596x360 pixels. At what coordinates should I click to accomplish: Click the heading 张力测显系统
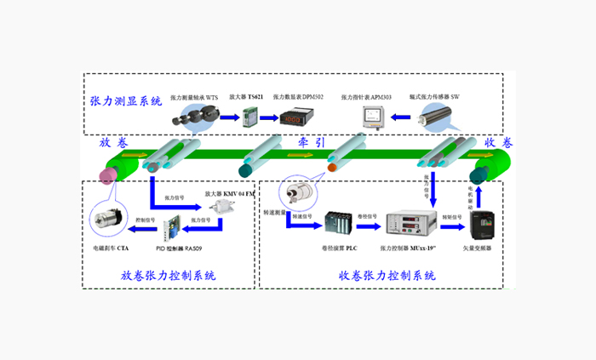point(125,101)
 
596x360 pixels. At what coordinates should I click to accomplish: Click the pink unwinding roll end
point(108,176)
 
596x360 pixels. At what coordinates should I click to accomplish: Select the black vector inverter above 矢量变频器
point(482,225)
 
